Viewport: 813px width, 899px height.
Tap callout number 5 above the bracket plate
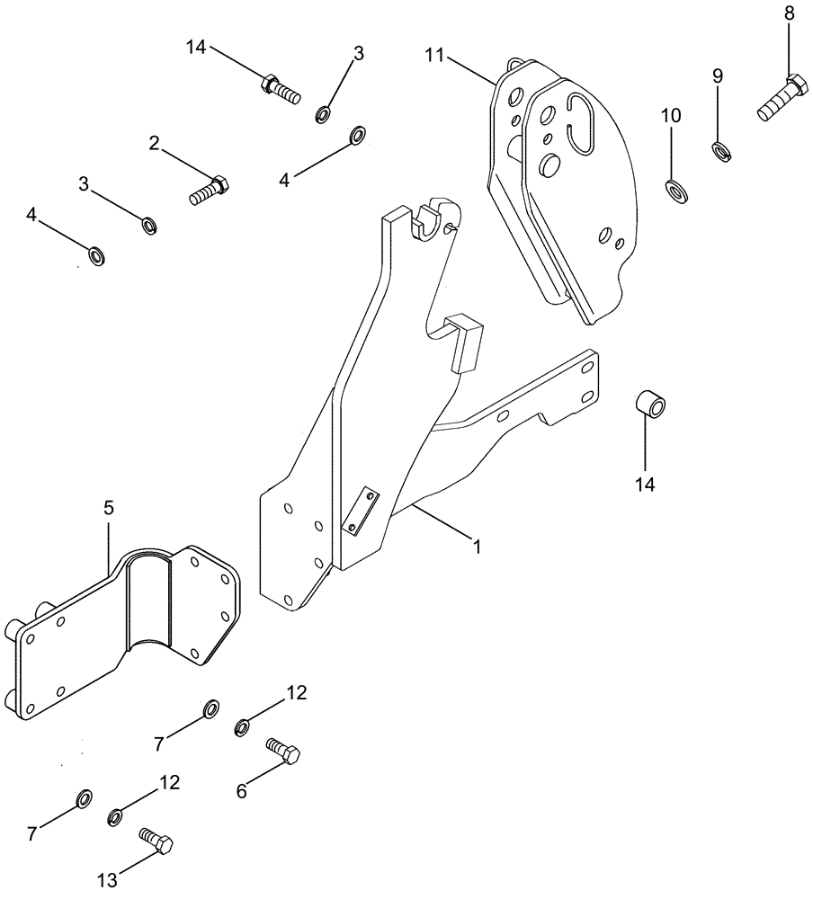tap(108, 508)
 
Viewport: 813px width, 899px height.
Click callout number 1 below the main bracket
tap(478, 546)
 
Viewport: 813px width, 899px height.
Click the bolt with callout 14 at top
tap(279, 88)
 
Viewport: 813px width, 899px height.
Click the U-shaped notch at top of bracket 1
tap(433, 218)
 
